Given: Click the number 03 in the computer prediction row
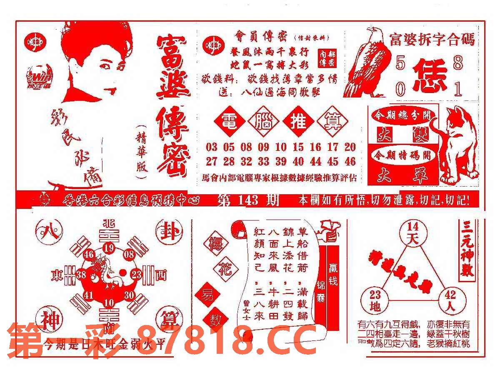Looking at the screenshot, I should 211,147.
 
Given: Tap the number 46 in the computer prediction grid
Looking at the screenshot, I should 350,161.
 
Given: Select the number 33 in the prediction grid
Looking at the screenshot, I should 263,161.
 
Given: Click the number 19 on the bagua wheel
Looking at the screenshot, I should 109,249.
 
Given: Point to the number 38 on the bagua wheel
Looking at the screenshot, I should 81,274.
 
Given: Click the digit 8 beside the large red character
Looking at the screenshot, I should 458,63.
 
